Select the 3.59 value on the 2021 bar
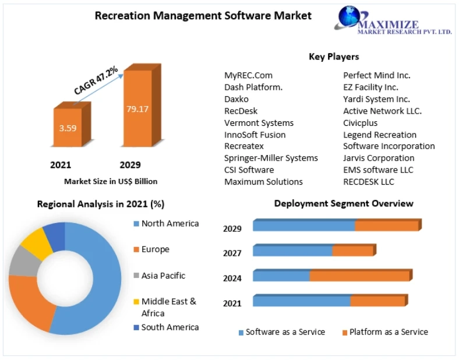point(68,128)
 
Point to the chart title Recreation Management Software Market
point(203,16)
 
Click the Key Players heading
point(334,57)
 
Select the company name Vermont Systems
point(259,123)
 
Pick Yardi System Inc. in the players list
point(376,99)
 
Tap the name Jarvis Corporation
point(379,158)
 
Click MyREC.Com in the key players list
point(248,75)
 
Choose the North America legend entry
point(170,224)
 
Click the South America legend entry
point(170,327)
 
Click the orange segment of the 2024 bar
point(359,276)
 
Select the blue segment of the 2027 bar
point(292,250)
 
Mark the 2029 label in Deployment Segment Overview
point(232,228)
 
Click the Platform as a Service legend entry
point(389,332)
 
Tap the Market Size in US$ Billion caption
point(111,181)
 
